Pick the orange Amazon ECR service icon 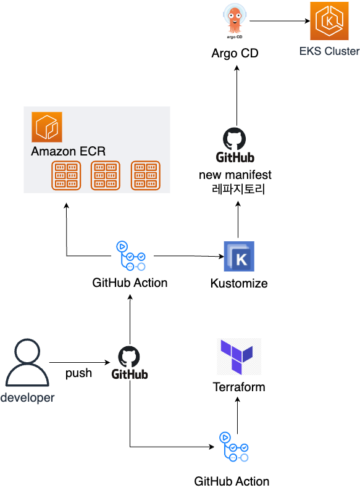pos(48,126)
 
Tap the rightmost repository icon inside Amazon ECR pos(146,175)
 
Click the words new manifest pos(235,175)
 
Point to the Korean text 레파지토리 pos(238,189)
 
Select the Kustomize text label pos(239,284)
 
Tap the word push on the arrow pos(78,373)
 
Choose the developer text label pos(27,398)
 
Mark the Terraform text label pos(239,387)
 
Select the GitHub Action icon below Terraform pos(234,447)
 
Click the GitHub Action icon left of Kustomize pos(130,255)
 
